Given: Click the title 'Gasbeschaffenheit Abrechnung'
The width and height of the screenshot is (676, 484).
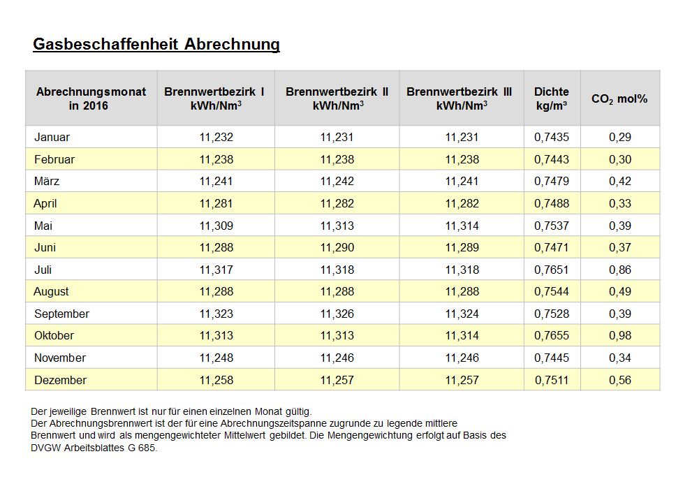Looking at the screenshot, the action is [156, 45].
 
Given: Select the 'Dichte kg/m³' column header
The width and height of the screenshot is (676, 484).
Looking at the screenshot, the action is [552, 98].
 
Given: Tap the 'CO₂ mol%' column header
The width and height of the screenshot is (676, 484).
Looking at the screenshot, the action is [619, 99].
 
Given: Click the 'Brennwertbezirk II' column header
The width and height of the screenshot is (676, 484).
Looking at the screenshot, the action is [337, 98].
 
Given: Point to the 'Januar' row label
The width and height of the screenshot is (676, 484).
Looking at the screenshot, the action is [52, 137].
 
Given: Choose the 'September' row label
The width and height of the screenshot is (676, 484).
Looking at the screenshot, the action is [61, 314].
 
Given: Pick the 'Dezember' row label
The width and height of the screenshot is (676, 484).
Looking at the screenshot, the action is [60, 380].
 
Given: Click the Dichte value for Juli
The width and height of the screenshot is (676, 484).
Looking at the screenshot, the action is [552, 270].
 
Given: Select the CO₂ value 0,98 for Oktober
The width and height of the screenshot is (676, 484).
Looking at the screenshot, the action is [620, 335].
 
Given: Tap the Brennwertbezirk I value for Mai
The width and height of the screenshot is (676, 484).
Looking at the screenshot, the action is [216, 226].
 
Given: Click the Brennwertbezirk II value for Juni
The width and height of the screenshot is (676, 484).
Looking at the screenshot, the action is [337, 247].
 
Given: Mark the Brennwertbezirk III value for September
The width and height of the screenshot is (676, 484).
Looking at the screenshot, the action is [462, 314].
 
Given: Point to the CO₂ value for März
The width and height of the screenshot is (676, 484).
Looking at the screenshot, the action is [620, 181].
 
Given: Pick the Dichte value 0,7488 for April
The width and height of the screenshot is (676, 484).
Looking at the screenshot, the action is [552, 203].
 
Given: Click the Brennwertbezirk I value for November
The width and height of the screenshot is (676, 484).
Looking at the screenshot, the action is [216, 358].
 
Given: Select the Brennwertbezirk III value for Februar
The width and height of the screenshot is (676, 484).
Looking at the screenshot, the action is [462, 159].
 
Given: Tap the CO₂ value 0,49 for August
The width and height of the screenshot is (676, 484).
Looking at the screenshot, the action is [620, 291].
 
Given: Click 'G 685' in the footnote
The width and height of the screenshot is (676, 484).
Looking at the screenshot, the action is [142, 448].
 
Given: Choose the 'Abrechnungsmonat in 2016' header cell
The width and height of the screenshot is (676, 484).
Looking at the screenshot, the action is [91, 98].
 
